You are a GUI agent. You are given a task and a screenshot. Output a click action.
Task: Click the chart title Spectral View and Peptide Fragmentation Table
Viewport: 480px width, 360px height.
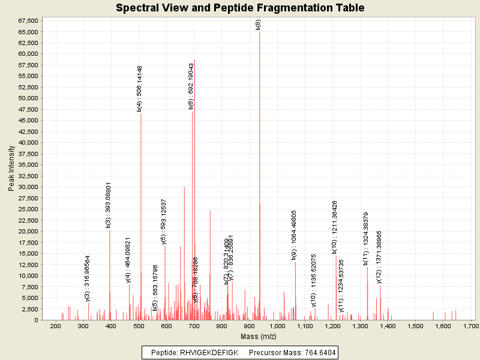tap(240, 8)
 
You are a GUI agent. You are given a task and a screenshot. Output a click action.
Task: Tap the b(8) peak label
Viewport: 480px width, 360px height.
tap(258, 25)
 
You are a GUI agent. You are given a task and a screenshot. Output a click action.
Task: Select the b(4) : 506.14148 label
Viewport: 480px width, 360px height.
tap(140, 89)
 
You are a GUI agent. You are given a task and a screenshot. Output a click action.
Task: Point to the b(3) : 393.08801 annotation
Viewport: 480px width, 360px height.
tap(109, 206)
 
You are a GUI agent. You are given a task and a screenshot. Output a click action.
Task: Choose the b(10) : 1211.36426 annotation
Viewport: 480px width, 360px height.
tap(335, 227)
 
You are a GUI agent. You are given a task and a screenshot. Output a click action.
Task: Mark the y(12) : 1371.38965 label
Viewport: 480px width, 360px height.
tap(379, 257)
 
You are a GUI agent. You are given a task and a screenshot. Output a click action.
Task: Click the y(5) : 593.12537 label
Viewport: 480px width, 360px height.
tap(164, 222)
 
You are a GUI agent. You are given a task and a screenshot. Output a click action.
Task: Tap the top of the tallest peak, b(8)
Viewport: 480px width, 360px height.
tap(259, 31)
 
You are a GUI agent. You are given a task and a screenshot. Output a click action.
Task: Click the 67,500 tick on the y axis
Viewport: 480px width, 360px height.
tap(28, 20)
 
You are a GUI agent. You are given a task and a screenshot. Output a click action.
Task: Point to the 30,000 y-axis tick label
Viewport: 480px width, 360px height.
tap(28, 187)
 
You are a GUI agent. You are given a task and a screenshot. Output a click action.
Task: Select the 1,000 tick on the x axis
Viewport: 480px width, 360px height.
tap(277, 326)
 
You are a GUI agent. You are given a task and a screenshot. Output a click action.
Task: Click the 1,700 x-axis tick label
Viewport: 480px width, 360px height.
tap(471, 326)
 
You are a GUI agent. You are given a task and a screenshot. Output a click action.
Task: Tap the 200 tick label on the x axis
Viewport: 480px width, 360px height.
tap(56, 326)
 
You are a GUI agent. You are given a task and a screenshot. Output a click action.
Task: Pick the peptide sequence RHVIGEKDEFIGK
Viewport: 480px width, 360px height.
tap(209, 352)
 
